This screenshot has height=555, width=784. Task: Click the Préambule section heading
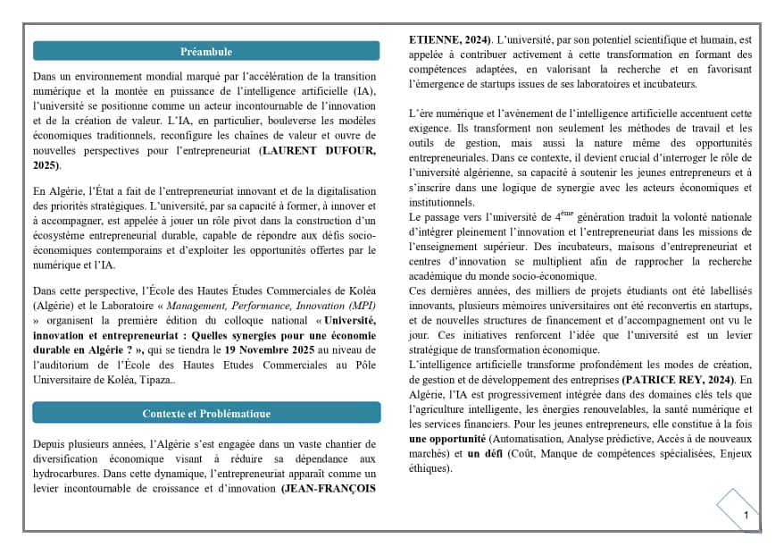tap(205, 52)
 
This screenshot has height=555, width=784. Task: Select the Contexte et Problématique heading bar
tap(205, 413)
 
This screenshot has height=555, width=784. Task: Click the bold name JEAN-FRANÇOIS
tap(329, 489)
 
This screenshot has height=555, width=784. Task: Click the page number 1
tap(746, 515)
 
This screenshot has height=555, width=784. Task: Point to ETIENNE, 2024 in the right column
tap(449, 40)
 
